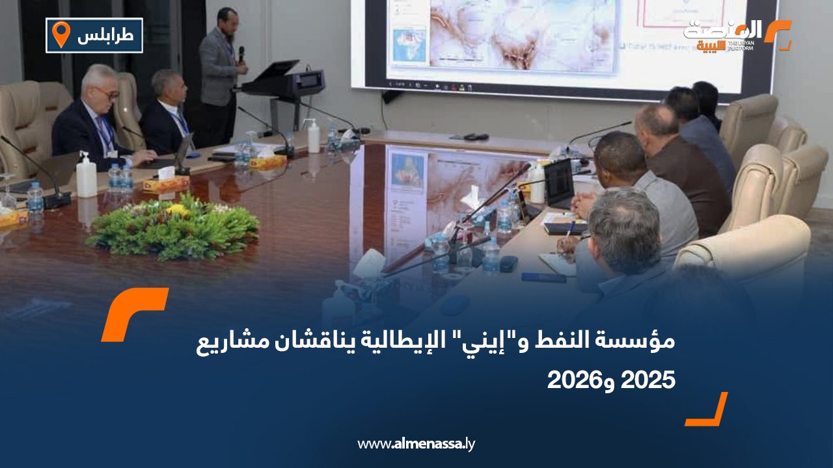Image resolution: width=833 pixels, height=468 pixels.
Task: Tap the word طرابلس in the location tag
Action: tap(105, 36)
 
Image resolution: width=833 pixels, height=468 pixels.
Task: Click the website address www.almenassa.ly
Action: tap(416, 444)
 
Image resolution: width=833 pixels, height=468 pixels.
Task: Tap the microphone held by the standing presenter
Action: tap(241, 54)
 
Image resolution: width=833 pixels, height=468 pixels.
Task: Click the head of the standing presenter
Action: tap(227, 18)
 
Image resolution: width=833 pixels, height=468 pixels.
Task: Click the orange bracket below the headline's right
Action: tap(709, 410)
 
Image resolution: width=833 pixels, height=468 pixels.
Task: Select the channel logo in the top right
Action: tap(735, 35)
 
